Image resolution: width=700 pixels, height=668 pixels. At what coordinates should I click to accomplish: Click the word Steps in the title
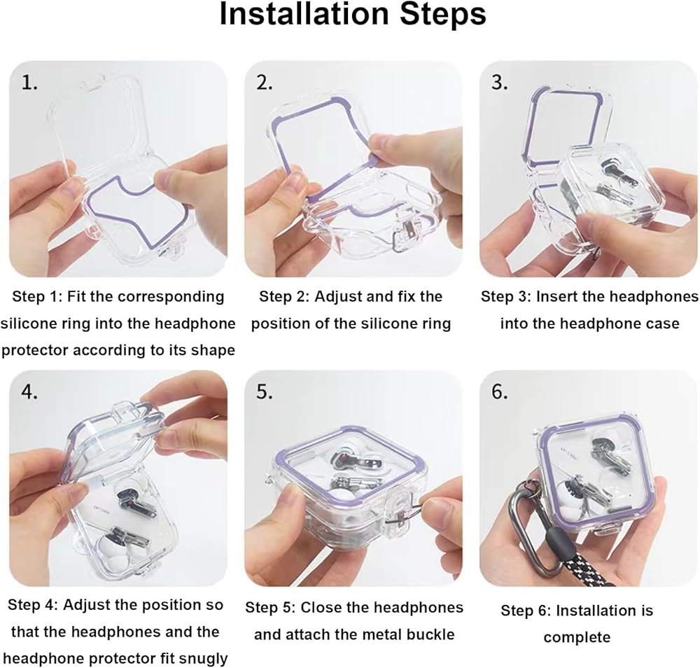click(x=443, y=15)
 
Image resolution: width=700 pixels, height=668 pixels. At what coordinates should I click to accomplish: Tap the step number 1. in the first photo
click(x=29, y=83)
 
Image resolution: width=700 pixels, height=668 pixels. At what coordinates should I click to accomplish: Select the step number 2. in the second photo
click(x=265, y=83)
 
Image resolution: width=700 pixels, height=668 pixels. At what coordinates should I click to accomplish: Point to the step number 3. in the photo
click(x=500, y=83)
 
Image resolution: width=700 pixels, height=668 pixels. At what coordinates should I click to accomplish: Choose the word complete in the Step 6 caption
click(x=577, y=638)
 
